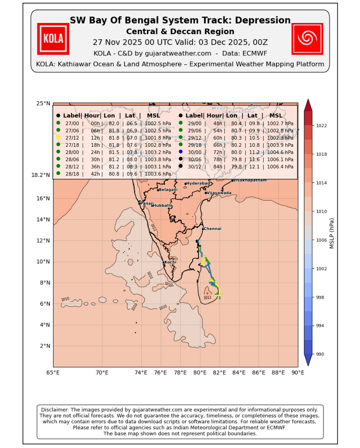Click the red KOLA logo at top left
(x=53, y=39)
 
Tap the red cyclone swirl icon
(x=307, y=39)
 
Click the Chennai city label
(x=213, y=229)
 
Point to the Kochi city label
(x=171, y=262)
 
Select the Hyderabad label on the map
(x=198, y=183)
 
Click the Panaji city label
(x=147, y=203)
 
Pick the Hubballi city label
(x=162, y=205)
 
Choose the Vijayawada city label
(x=219, y=193)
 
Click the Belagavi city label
(x=168, y=190)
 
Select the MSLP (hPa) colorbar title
(x=332, y=233)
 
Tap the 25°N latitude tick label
(x=43, y=104)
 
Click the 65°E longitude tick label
(x=53, y=373)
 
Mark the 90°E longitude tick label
(x=297, y=373)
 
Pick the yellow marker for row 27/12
(x=58, y=137)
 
